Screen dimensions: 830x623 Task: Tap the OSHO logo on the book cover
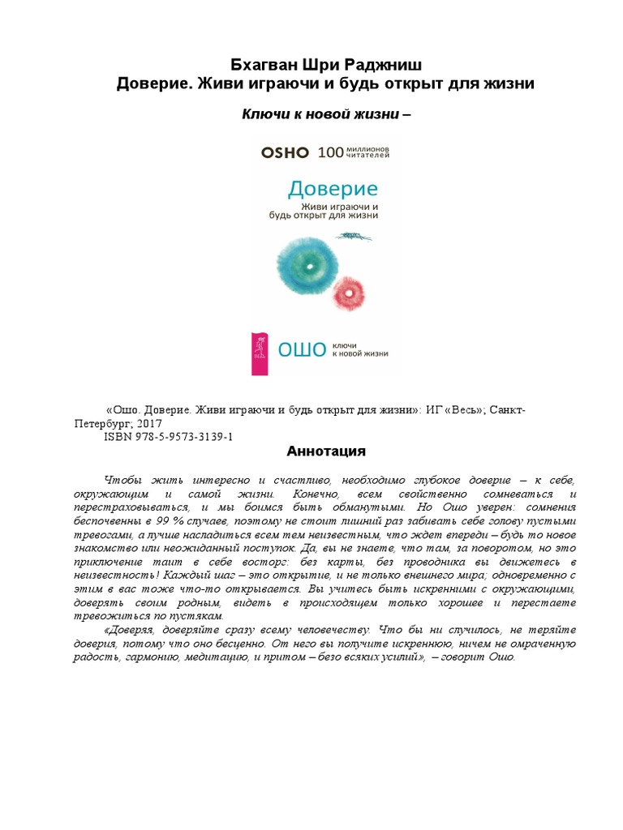click(x=285, y=152)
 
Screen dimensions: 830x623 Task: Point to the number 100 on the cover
click(x=331, y=152)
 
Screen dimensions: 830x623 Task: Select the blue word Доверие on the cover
click(x=333, y=189)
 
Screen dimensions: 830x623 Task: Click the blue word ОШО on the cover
click(x=302, y=350)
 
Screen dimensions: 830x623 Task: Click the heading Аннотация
click(x=327, y=451)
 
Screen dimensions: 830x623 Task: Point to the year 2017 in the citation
click(x=148, y=423)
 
